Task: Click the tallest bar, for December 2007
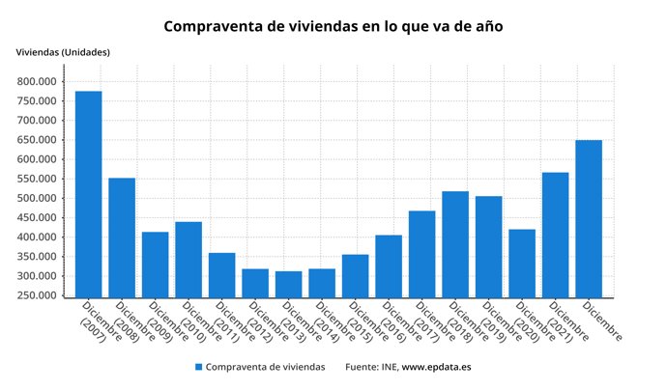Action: pos(88,193)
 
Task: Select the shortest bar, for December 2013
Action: pos(288,284)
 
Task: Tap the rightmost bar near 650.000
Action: pos(589,218)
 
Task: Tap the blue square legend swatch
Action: pos(198,368)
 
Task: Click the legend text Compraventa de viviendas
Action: pos(265,368)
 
